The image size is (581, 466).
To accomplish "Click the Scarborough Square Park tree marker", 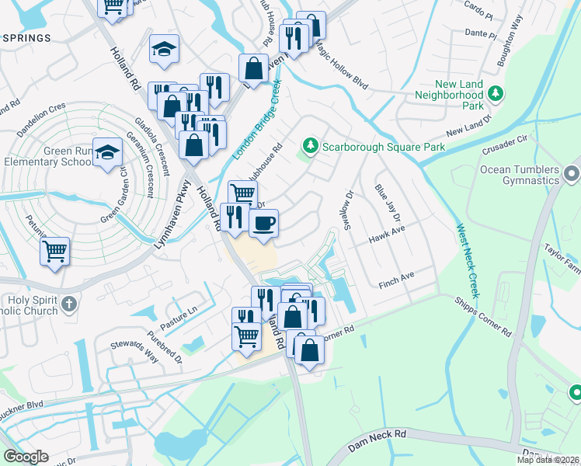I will click(311, 146).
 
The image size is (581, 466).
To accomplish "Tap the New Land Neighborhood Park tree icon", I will click(496, 95).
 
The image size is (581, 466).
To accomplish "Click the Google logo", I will click(26, 457).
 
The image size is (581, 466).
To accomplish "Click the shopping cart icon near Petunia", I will click(55, 251).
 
